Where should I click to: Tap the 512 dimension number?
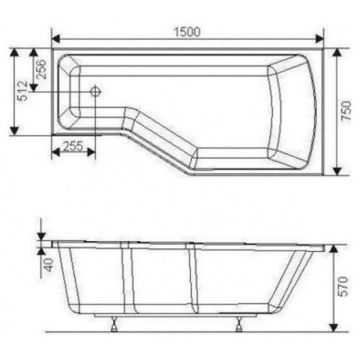tap(22, 91)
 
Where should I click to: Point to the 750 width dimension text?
tap(347, 112)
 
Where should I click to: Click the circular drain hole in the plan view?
tap(95, 92)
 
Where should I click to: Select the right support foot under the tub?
tap(239, 325)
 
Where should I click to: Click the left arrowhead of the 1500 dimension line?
tap(56, 40)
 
